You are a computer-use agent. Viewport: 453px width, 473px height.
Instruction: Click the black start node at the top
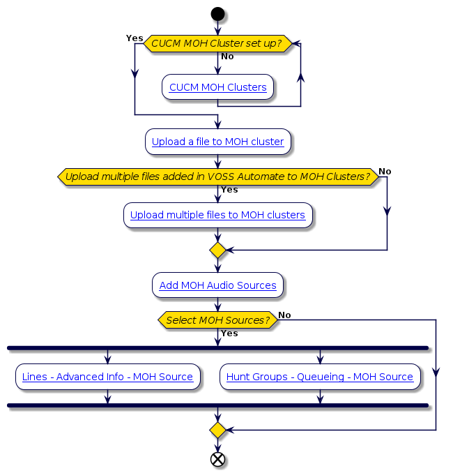coord(217,14)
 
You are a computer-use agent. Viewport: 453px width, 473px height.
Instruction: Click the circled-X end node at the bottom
coord(217,459)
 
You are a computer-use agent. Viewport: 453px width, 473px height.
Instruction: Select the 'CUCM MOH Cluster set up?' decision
coord(217,43)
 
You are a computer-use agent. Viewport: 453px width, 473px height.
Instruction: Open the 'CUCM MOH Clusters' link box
coord(217,87)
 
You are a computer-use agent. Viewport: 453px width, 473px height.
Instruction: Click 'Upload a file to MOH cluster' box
coord(217,142)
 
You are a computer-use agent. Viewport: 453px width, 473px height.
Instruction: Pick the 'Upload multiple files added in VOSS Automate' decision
coord(217,177)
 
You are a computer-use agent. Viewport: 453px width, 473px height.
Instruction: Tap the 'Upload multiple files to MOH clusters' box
coord(217,215)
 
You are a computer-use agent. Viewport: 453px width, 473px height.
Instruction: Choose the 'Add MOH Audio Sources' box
coord(217,285)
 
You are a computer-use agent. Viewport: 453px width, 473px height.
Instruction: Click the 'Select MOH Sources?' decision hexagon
coord(217,320)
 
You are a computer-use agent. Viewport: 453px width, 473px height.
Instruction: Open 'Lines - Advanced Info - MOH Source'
coord(107,377)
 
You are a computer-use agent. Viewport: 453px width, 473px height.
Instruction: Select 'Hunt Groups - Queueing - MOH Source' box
coord(320,377)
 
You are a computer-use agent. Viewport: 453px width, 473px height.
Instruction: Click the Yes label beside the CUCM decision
coord(135,38)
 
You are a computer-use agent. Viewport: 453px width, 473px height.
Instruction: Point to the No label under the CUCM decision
coord(228,57)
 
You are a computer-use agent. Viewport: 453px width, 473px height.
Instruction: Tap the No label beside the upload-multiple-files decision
coord(385,172)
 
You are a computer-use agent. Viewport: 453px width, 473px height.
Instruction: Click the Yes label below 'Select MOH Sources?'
coord(229,333)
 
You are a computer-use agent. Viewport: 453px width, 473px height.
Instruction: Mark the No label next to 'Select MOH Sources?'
coord(284,315)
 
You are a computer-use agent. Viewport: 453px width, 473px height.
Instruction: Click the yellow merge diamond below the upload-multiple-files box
coord(217,250)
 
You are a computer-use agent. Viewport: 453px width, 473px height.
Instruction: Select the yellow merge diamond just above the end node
coord(217,430)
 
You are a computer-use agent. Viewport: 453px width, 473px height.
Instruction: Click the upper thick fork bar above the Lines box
coord(217,347)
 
